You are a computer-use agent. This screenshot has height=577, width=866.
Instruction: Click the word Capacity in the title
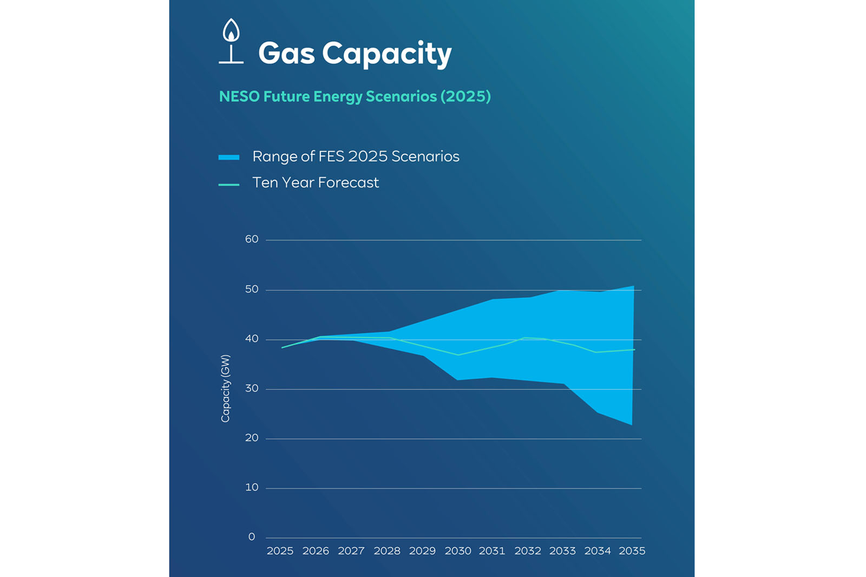386,54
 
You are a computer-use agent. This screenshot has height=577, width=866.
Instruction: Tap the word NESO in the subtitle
239,96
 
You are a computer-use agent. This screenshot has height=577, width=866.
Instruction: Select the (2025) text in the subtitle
465,96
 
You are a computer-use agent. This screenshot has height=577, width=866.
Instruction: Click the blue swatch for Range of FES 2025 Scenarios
229,158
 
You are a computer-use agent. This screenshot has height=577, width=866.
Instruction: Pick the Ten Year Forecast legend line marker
229,185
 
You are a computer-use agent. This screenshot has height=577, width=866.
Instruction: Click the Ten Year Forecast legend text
316,183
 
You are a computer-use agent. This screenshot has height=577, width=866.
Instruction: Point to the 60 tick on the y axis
252,239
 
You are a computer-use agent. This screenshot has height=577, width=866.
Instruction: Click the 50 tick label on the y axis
252,290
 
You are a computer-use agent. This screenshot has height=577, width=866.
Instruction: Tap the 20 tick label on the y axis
252,438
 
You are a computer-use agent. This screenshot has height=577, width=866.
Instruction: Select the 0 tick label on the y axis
252,537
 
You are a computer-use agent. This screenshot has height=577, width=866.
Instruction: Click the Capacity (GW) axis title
226,388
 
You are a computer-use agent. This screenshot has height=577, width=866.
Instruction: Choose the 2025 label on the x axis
280,551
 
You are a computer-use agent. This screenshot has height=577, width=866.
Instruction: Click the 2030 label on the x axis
458,551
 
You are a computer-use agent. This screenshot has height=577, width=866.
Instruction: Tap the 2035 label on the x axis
632,551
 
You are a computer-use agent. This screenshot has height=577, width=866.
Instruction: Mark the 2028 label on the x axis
387,551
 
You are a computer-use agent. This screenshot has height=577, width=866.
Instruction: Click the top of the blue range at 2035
633,287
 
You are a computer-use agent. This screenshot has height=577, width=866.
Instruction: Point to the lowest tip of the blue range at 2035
631,424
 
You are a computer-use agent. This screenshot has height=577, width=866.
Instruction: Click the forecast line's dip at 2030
458,355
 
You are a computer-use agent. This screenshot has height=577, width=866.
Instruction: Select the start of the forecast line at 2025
283,347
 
